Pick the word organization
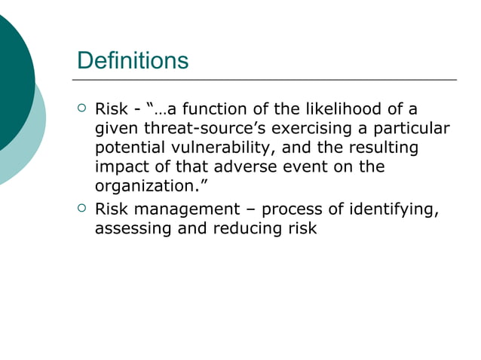click(148, 186)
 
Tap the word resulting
click(381, 148)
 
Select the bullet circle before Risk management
click(81, 208)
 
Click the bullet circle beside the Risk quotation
click(81, 108)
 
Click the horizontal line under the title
click(264, 79)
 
